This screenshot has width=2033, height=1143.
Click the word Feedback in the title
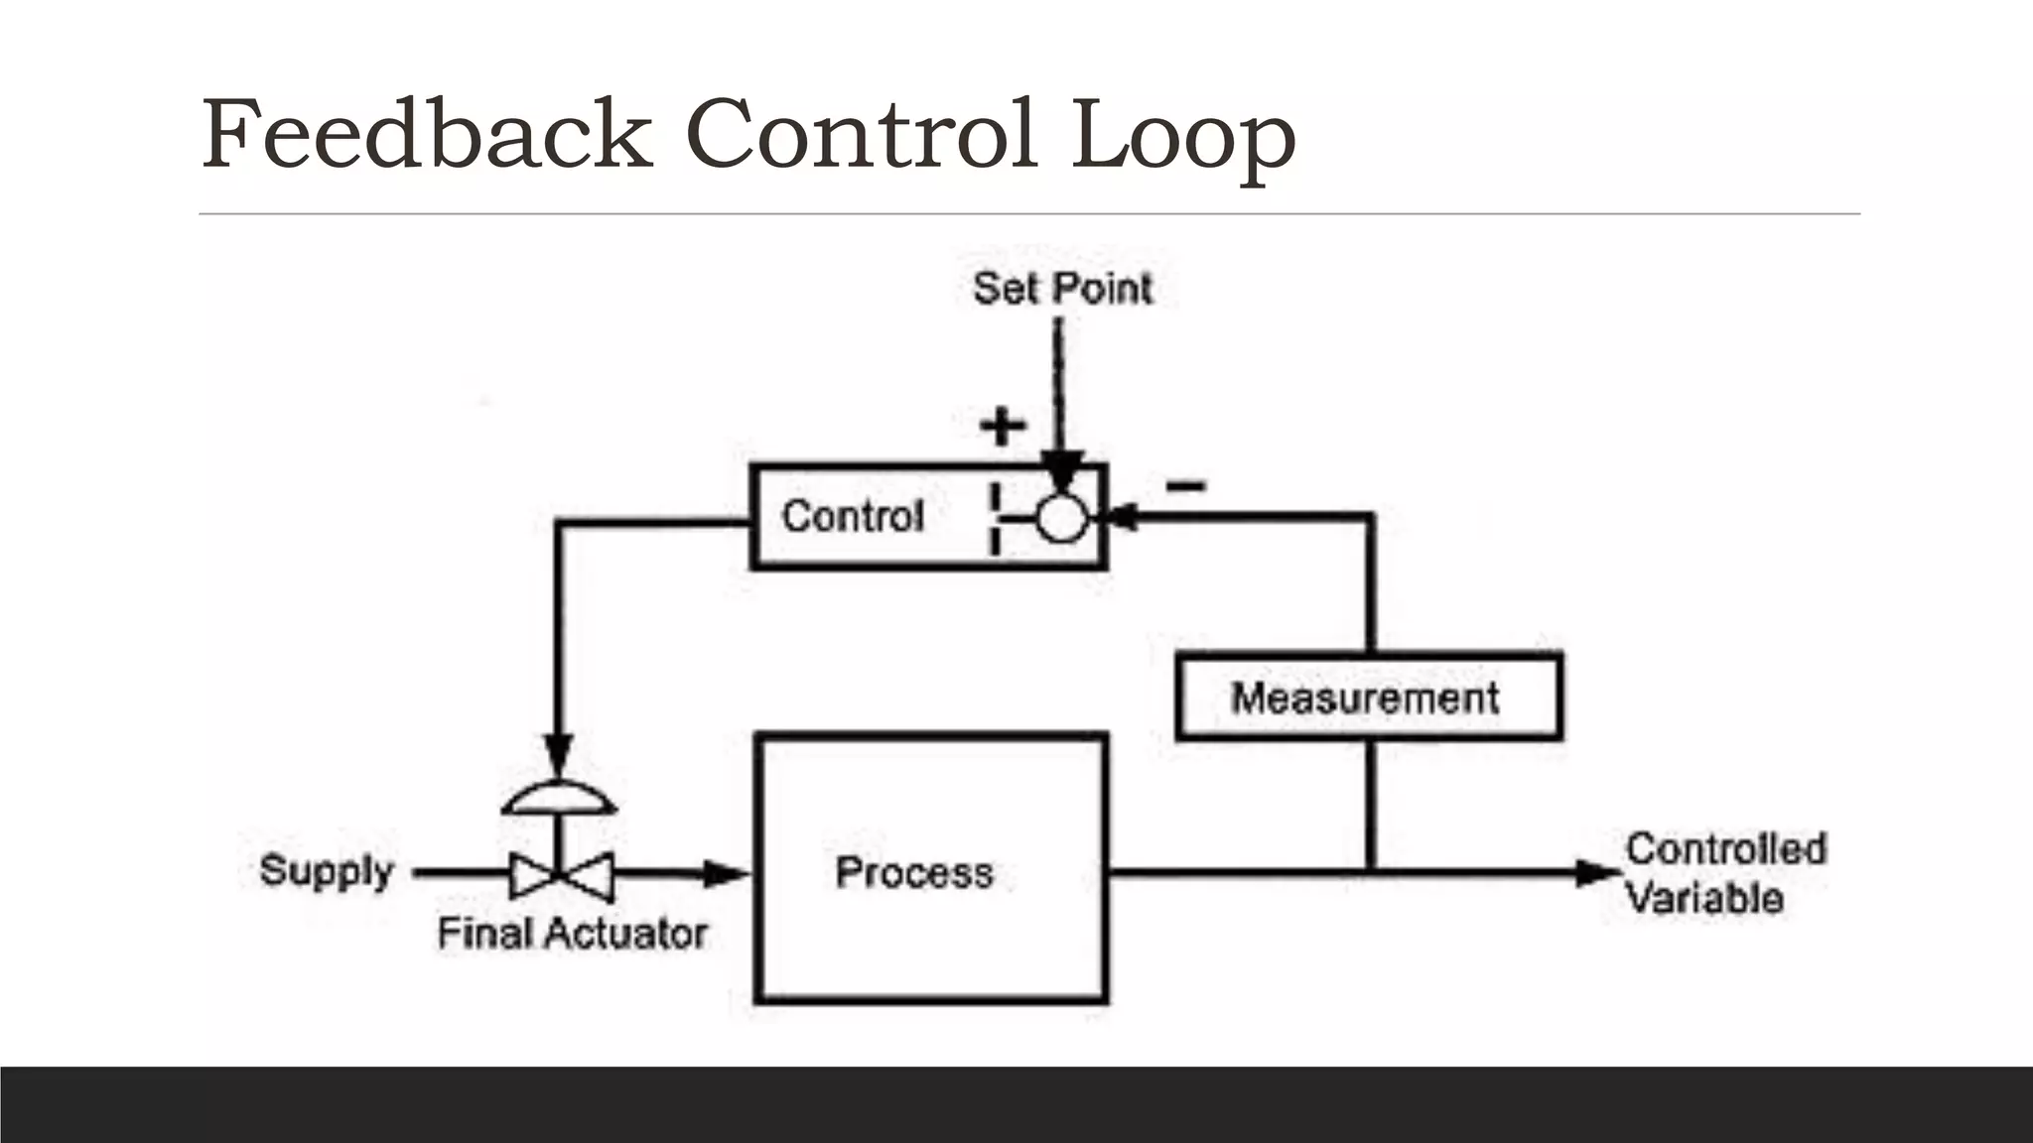pyautogui.click(x=427, y=134)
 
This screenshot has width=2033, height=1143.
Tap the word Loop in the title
pyautogui.click(x=1183, y=137)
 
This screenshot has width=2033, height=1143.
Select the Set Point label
pyautogui.click(x=1062, y=289)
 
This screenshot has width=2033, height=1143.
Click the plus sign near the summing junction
pyautogui.click(x=1003, y=427)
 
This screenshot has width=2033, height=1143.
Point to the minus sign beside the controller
pyautogui.click(x=1185, y=485)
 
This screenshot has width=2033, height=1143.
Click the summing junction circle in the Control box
pyautogui.click(x=1061, y=518)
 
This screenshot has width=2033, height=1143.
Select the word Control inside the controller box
pyautogui.click(x=853, y=516)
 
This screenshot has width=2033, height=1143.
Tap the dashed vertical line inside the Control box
pyautogui.click(x=994, y=519)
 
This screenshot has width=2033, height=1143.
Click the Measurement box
pyautogui.click(x=1368, y=697)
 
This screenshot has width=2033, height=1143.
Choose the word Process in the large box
pyautogui.click(x=914, y=872)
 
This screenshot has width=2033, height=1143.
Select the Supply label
pyautogui.click(x=327, y=870)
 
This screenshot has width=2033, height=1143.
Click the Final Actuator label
pyautogui.click(x=573, y=934)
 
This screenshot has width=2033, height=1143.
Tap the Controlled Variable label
pyautogui.click(x=1724, y=873)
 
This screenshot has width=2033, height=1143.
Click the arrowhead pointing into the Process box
pyautogui.click(x=726, y=874)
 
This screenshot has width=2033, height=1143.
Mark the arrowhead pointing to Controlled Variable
pyautogui.click(x=1599, y=873)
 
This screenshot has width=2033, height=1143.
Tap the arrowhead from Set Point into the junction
pyautogui.click(x=1061, y=469)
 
